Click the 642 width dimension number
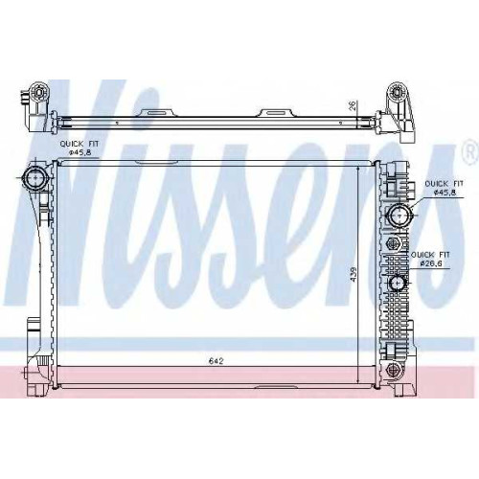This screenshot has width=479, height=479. pyautogui.click(x=216, y=361)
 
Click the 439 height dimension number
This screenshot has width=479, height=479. pyautogui.click(x=354, y=274)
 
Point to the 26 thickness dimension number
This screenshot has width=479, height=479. pyautogui.click(x=352, y=105)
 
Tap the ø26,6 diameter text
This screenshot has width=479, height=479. pyautogui.click(x=431, y=263)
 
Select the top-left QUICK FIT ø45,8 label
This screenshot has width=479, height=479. pyautogui.click(x=80, y=148)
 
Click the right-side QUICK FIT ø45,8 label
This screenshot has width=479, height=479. pyautogui.click(x=445, y=188)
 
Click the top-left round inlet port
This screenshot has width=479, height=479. pyautogui.click(x=34, y=176)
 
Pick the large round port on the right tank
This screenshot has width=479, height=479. pyautogui.click(x=399, y=216)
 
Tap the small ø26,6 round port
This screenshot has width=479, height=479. pyautogui.click(x=398, y=282)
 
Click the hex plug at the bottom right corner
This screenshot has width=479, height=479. pyautogui.click(x=392, y=370)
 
